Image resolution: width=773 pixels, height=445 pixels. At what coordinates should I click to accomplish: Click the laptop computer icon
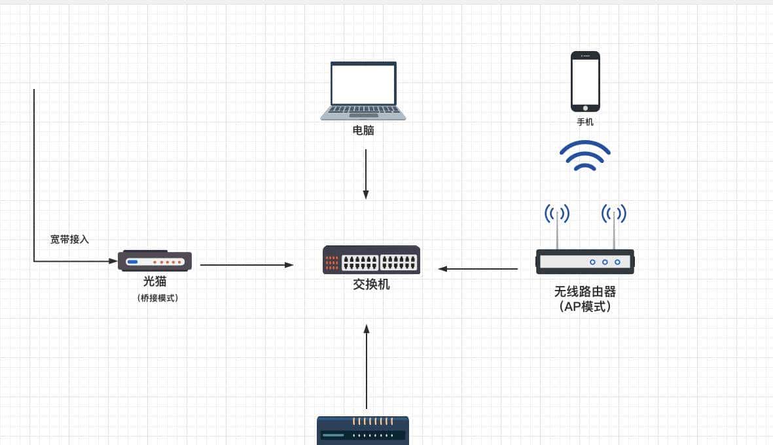tap(363, 90)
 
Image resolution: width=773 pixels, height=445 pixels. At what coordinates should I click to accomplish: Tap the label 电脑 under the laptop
tap(363, 130)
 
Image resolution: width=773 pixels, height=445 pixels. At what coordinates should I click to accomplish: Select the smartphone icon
tap(585, 82)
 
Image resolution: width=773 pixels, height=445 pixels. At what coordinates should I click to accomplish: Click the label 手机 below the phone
tap(585, 122)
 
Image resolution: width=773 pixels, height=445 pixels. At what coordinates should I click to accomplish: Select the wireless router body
tap(585, 262)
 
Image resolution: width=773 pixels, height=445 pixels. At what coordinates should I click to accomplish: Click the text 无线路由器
tap(585, 292)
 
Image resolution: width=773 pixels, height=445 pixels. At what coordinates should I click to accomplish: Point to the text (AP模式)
tap(585, 306)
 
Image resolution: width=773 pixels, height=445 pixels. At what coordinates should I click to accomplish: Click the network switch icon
tap(371, 260)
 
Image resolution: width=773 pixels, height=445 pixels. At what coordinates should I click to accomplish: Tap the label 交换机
tap(371, 285)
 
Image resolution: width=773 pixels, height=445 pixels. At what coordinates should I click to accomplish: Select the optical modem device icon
tap(155, 261)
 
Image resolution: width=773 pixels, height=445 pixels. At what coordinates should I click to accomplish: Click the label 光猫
tap(155, 282)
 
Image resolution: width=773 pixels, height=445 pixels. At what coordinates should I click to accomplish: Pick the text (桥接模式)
tap(158, 298)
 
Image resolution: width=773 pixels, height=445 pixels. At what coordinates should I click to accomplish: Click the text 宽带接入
tap(69, 240)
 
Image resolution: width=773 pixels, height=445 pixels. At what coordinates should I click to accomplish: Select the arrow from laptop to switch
tap(366, 173)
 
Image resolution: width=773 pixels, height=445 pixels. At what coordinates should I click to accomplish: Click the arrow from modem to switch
tap(247, 265)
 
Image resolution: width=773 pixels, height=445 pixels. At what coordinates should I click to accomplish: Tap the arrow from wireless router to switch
tap(478, 268)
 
